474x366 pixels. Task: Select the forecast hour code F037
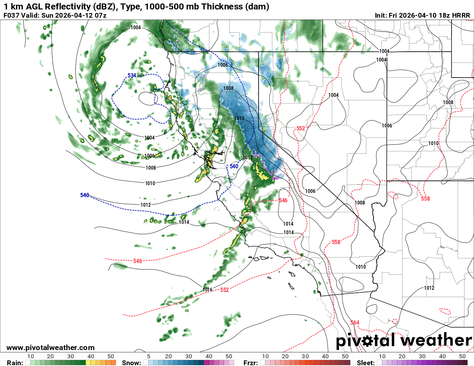coord(12,16)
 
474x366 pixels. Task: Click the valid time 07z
coord(100,16)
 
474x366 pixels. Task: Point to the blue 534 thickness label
coord(132,76)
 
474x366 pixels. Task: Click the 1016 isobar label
coord(208,290)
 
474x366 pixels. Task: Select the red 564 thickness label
coord(355,323)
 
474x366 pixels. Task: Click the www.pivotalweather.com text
coord(50,347)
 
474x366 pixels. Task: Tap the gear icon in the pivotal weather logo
coord(368,341)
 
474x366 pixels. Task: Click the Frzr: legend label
coord(250,363)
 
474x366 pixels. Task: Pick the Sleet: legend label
coord(366,363)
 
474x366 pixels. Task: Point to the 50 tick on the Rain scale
coord(111,357)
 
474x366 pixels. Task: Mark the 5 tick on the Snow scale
coord(149,357)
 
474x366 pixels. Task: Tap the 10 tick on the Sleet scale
coord(382,357)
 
